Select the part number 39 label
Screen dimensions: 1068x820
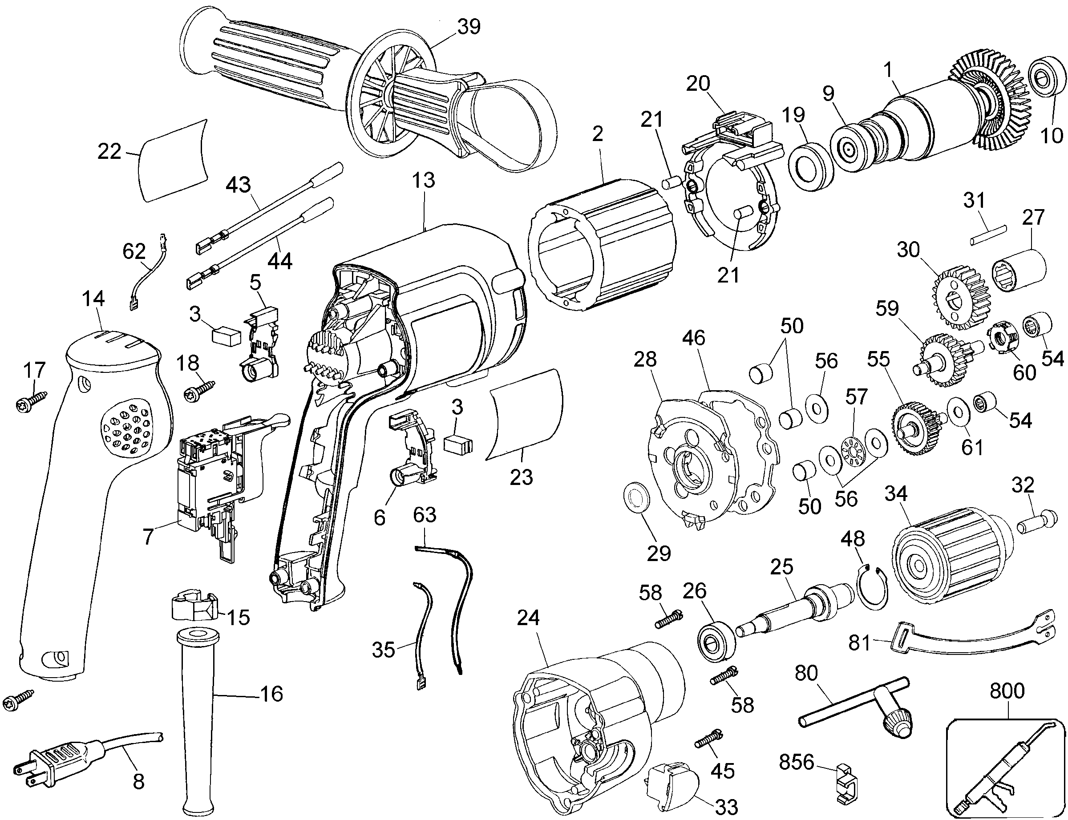click(469, 27)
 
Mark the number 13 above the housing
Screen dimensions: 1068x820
click(423, 181)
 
